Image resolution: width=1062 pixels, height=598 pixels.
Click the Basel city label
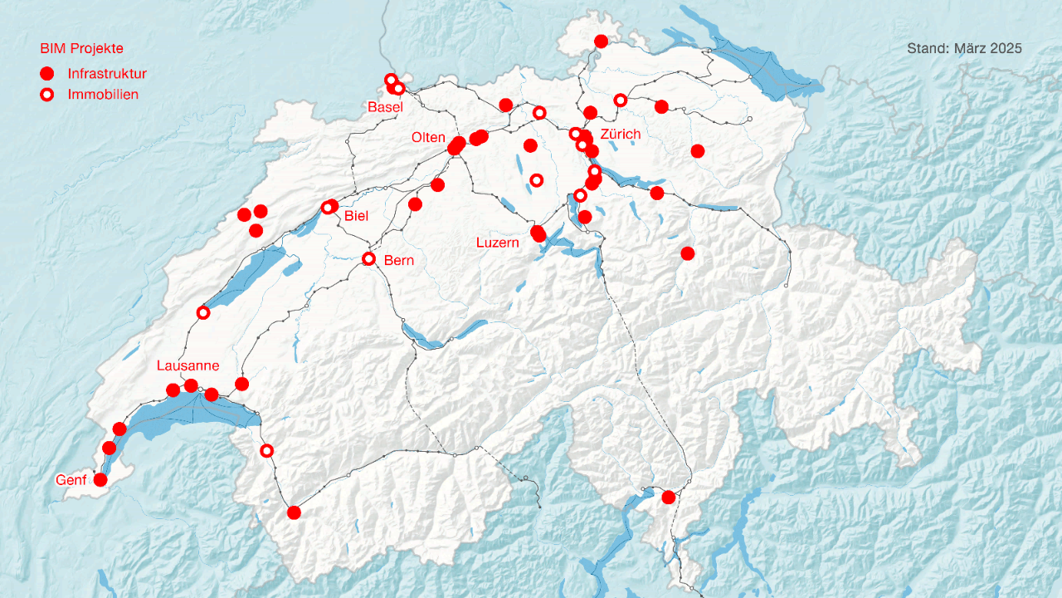click(385, 107)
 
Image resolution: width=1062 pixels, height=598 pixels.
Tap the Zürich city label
click(620, 134)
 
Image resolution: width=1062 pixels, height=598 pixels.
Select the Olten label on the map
click(428, 137)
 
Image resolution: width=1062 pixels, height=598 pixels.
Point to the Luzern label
click(497, 243)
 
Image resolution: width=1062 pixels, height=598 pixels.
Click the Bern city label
click(398, 260)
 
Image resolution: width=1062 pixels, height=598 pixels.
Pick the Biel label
click(356, 217)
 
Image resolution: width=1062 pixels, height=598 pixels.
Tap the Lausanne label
click(188, 365)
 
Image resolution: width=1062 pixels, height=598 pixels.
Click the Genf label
click(71, 480)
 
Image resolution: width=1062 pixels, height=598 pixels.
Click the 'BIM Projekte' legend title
click(81, 49)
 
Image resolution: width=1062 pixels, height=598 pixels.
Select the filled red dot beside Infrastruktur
click(47, 73)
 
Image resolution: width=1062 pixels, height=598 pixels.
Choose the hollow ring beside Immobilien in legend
click(47, 95)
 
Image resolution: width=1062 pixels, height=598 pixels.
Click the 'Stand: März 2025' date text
click(964, 49)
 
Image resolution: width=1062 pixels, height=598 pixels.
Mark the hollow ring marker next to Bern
click(369, 259)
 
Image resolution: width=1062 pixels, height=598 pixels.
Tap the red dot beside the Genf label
click(100, 479)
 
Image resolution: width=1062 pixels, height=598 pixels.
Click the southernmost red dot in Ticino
click(668, 497)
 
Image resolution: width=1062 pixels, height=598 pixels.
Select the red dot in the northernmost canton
click(602, 41)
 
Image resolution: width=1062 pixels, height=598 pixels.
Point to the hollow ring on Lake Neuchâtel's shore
click(203, 312)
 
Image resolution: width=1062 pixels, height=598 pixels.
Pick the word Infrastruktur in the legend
click(107, 74)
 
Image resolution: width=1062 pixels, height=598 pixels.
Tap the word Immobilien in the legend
click(103, 95)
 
